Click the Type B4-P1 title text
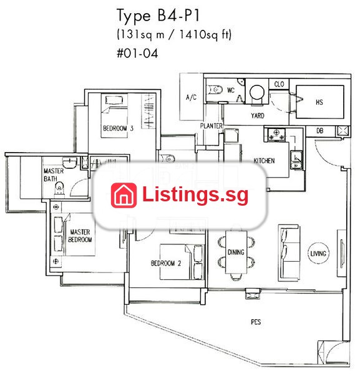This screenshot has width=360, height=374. [x=158, y=16]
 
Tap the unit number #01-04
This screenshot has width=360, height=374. [x=137, y=53]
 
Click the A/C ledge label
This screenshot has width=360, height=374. [x=191, y=97]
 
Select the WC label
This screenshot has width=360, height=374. [x=231, y=90]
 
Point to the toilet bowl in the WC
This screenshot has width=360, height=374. [x=215, y=90]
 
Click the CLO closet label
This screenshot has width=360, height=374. [x=279, y=84]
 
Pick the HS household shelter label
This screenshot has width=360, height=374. [x=319, y=102]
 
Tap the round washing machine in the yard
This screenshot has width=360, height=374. [x=257, y=92]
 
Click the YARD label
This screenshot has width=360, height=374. [x=258, y=116]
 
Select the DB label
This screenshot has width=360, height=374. [x=320, y=131]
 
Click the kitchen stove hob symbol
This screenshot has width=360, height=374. [x=276, y=134]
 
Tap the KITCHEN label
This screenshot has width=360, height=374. [x=264, y=161]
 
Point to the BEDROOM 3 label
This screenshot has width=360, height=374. [x=118, y=128]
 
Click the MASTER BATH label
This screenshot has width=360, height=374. [x=54, y=175]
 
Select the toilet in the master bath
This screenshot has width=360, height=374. [x=59, y=189]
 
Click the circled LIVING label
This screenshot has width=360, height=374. [x=318, y=253]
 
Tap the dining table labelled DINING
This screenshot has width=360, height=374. [x=236, y=252]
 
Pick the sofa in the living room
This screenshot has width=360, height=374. [x=289, y=253]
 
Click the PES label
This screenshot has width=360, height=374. [x=256, y=322]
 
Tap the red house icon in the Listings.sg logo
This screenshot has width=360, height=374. [x=124, y=195]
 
